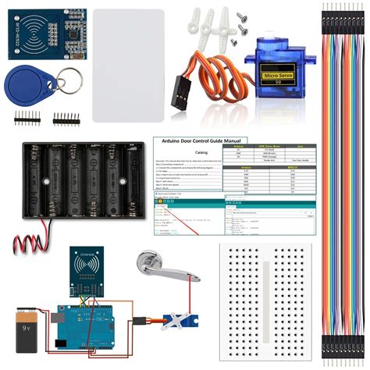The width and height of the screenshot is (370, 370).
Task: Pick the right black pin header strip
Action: click(67, 119)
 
